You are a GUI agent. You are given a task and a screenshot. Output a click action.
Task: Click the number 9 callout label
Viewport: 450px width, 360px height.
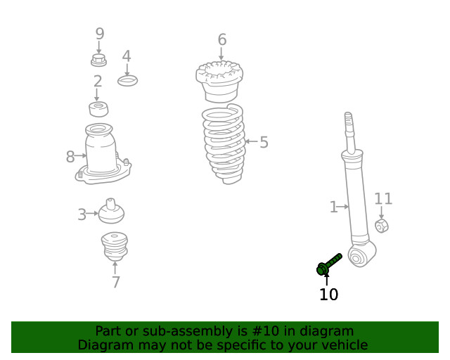99,33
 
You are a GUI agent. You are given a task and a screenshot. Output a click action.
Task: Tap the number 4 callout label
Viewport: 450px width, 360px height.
127,56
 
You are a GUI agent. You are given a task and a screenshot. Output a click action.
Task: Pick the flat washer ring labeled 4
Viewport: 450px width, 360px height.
127,81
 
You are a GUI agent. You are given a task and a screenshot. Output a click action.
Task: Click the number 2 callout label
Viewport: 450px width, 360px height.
97,82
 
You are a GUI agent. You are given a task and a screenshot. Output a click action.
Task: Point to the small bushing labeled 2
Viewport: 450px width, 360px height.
98,109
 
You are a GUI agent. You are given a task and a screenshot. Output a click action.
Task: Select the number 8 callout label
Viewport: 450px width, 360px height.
70,157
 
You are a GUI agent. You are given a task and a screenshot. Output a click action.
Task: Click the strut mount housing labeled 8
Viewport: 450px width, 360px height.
103,155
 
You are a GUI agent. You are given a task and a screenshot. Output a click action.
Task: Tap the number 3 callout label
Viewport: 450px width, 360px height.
82,214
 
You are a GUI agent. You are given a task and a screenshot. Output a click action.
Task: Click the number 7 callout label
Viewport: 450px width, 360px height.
115,283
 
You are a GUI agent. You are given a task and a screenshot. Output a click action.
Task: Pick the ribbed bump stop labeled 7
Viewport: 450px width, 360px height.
114,246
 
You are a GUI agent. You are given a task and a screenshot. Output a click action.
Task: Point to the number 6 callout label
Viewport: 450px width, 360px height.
222,39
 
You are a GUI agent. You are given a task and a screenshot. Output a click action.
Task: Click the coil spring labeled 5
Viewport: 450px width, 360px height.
224,144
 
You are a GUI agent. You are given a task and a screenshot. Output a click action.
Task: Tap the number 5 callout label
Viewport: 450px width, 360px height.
264,143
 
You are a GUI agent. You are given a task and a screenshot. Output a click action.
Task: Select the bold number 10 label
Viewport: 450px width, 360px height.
328,295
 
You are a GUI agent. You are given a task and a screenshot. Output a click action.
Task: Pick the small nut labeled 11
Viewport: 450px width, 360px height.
382,226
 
